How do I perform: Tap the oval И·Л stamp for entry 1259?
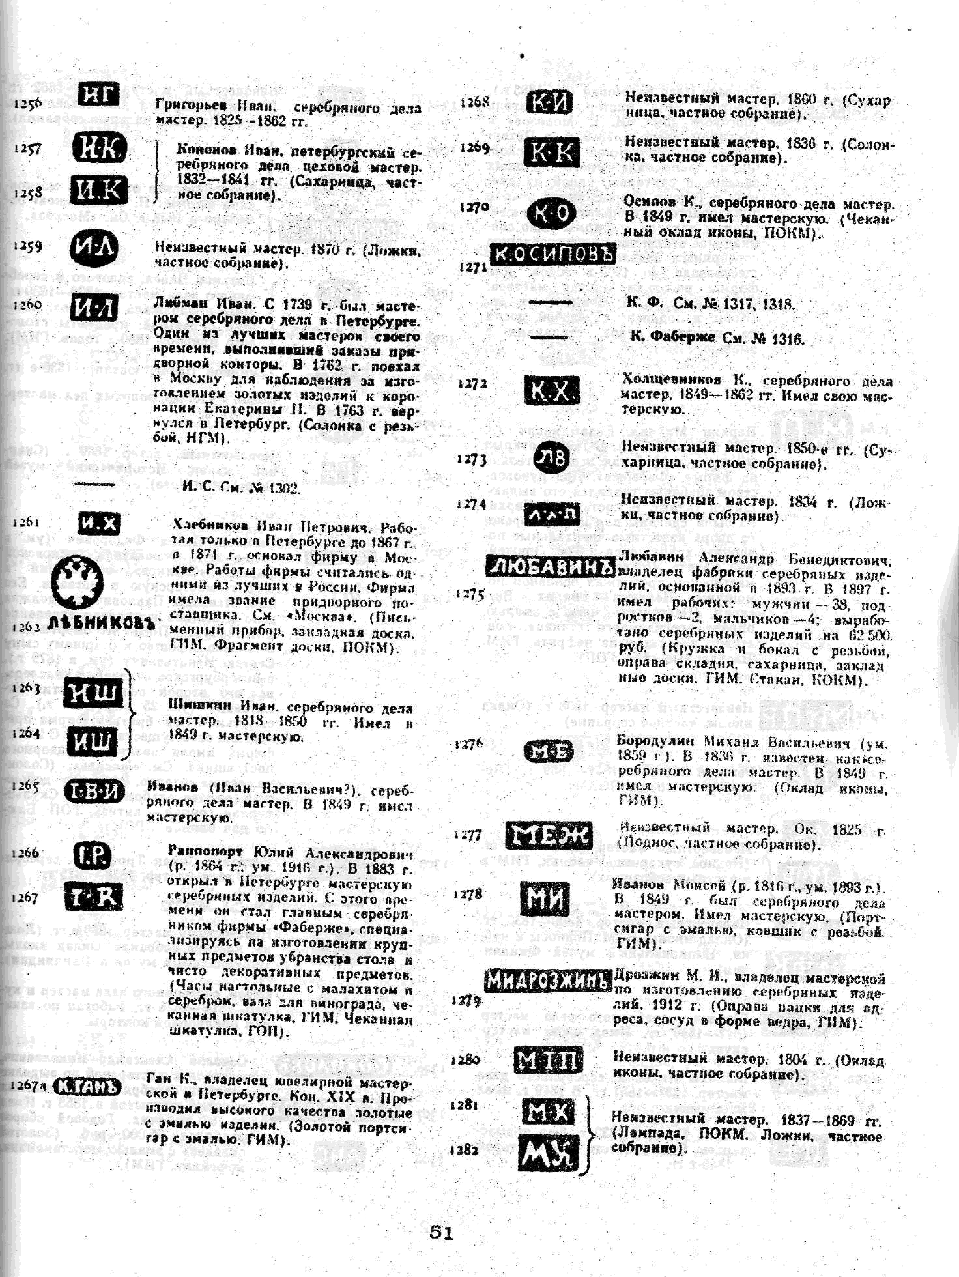click(x=94, y=248)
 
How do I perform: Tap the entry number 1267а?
click(x=28, y=1086)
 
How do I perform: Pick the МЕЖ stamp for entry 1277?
click(x=549, y=835)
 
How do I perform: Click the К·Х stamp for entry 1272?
click(x=551, y=391)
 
